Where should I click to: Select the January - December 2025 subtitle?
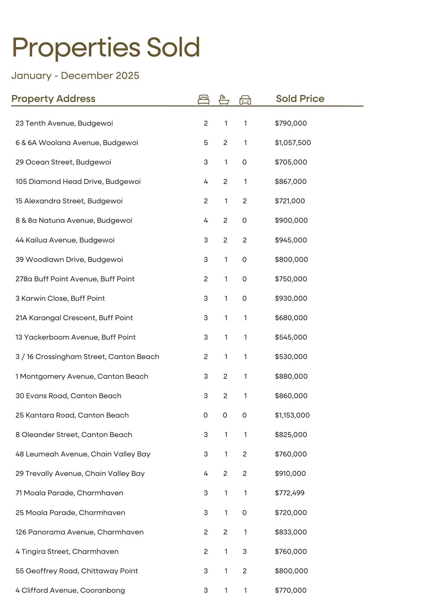(75, 76)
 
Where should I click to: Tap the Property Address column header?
(53, 99)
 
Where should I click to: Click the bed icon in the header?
(203, 100)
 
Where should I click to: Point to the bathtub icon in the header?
(224, 100)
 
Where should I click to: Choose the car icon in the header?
(245, 100)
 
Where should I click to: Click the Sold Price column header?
(300, 99)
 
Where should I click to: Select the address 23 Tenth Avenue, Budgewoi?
(64, 123)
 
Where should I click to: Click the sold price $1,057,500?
(293, 143)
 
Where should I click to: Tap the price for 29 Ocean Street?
(291, 162)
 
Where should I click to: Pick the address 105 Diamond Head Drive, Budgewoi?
(78, 181)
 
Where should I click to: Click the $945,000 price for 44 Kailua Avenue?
(291, 240)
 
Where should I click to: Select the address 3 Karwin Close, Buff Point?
(60, 298)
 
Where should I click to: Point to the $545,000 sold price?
(291, 337)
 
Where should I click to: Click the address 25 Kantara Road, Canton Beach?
(72, 415)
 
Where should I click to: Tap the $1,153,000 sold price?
(292, 415)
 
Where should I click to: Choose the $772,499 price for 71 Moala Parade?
(290, 493)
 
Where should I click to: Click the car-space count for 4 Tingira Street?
(245, 551)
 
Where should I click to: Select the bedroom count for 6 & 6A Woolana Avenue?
(206, 143)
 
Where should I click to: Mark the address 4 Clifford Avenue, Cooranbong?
(70, 590)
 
